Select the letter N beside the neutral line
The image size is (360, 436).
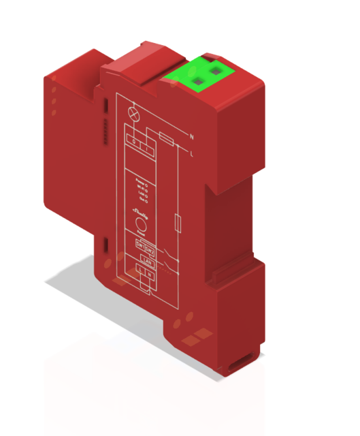pos(193,138)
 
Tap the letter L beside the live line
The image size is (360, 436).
pos(191,155)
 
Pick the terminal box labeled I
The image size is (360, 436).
pos(146,146)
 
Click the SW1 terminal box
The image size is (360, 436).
pos(140,247)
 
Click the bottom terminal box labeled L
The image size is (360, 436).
pos(140,271)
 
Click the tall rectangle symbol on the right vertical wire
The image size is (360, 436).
pos(177,223)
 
